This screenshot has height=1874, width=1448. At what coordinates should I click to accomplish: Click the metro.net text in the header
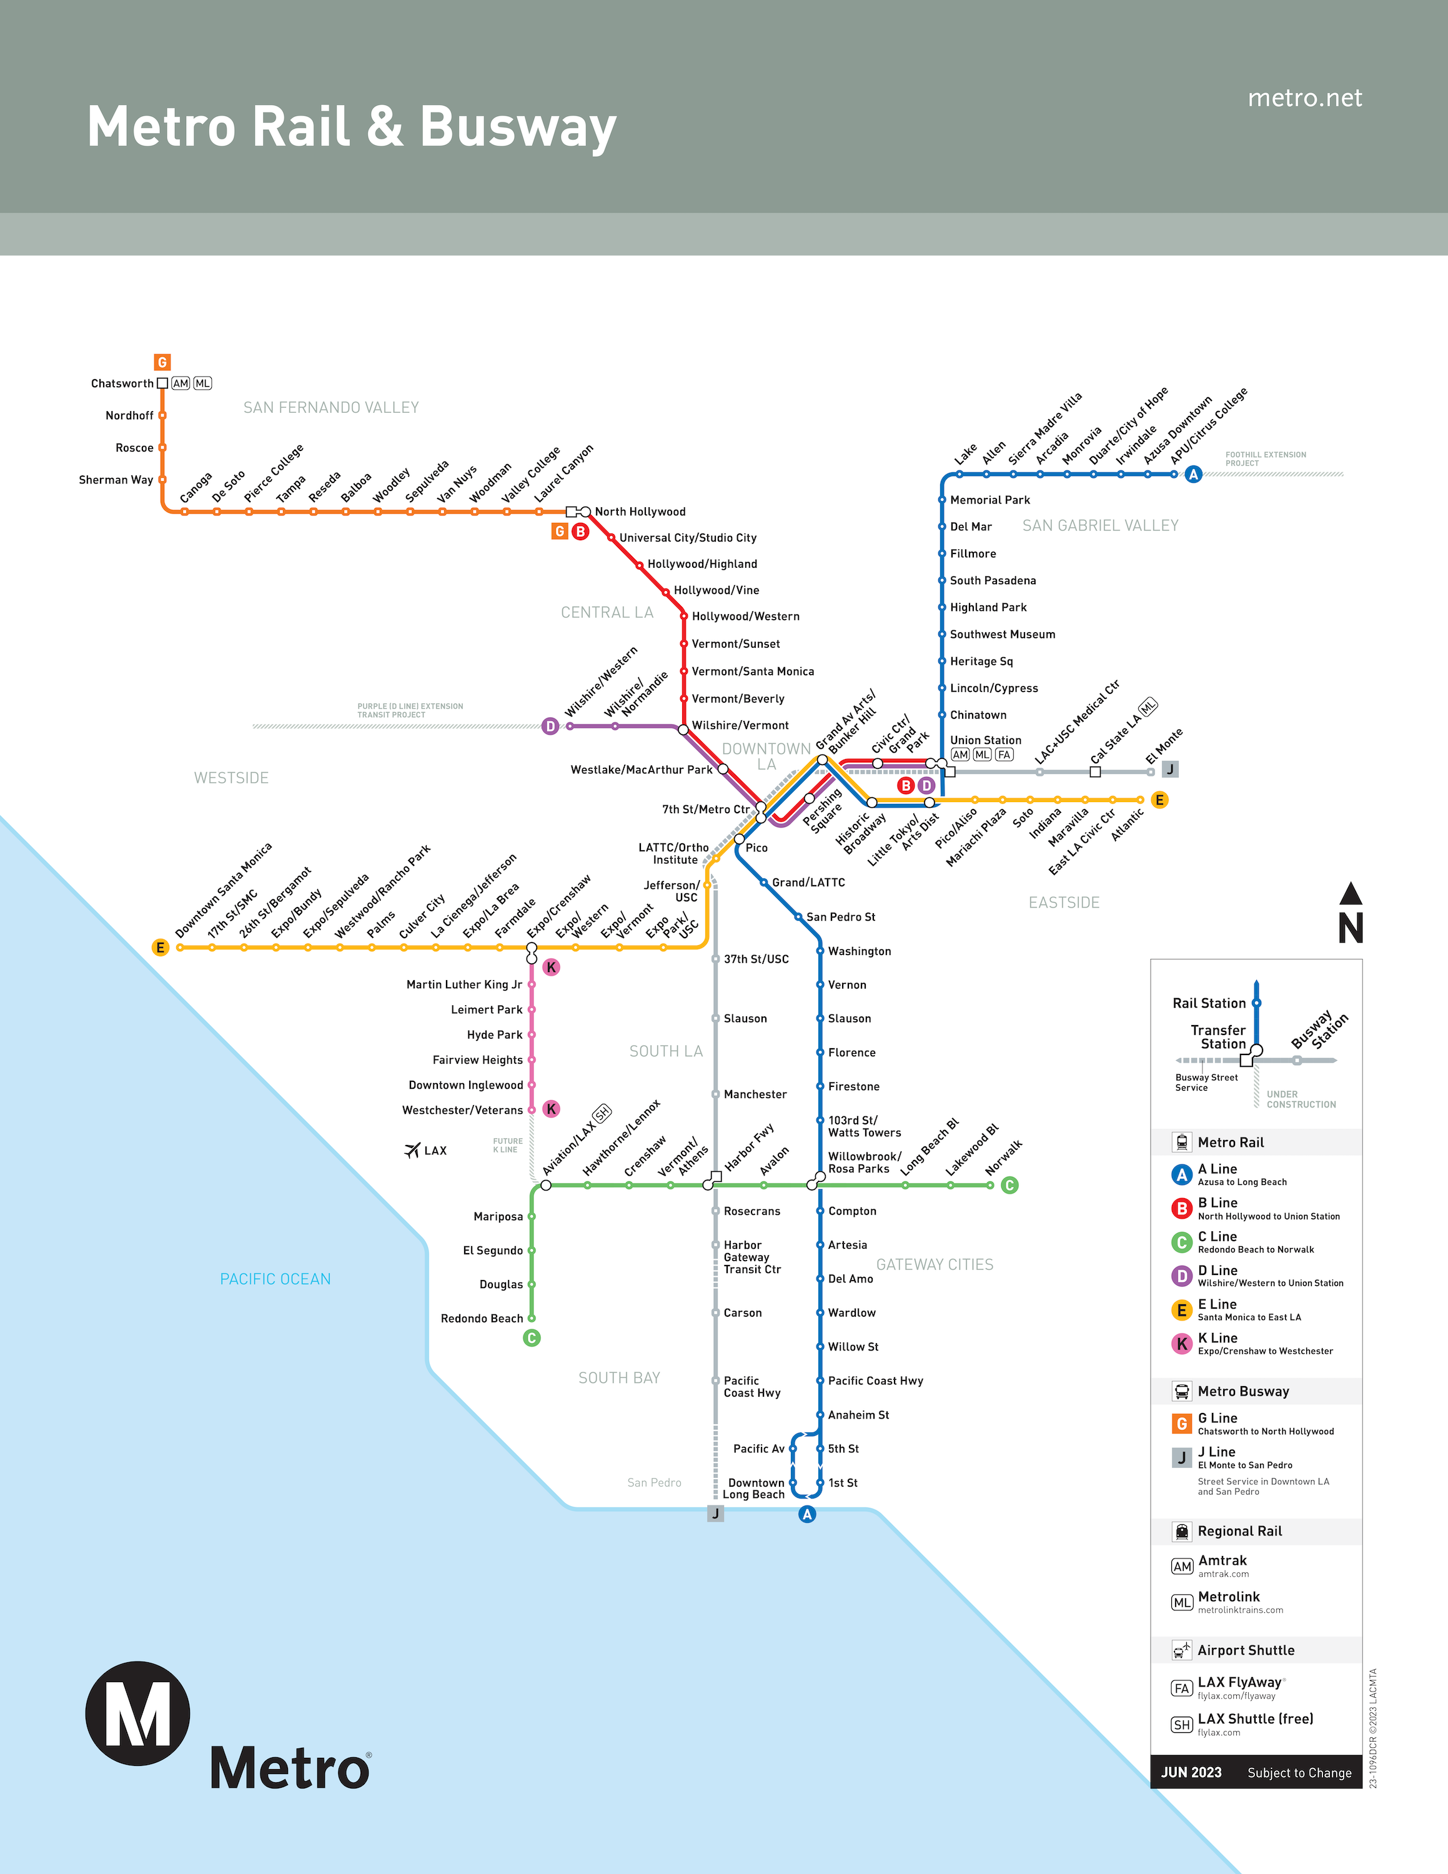coord(1305,98)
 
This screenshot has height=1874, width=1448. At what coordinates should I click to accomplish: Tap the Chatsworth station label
coord(122,384)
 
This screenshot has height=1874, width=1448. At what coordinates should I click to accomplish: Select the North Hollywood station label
coord(640,512)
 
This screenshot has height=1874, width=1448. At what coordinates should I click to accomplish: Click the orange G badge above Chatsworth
coord(162,362)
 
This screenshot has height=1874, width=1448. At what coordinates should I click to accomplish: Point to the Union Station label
coord(986,740)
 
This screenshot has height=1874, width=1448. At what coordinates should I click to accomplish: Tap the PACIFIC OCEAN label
coord(275,1279)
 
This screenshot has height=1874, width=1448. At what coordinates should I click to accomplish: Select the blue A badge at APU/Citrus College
coord(1193,475)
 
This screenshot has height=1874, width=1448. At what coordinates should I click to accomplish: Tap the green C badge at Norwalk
coord(1009,1185)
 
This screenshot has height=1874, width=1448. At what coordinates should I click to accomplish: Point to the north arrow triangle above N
coord(1351,893)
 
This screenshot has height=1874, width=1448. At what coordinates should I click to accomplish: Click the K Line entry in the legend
coord(1252,1344)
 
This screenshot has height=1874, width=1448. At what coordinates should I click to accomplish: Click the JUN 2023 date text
coord(1191,1773)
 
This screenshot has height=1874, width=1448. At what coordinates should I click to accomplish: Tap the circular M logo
coord(138,1713)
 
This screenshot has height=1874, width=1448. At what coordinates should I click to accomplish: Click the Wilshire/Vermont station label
coord(740,725)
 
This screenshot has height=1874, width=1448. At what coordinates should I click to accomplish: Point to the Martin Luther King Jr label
coord(464,984)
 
